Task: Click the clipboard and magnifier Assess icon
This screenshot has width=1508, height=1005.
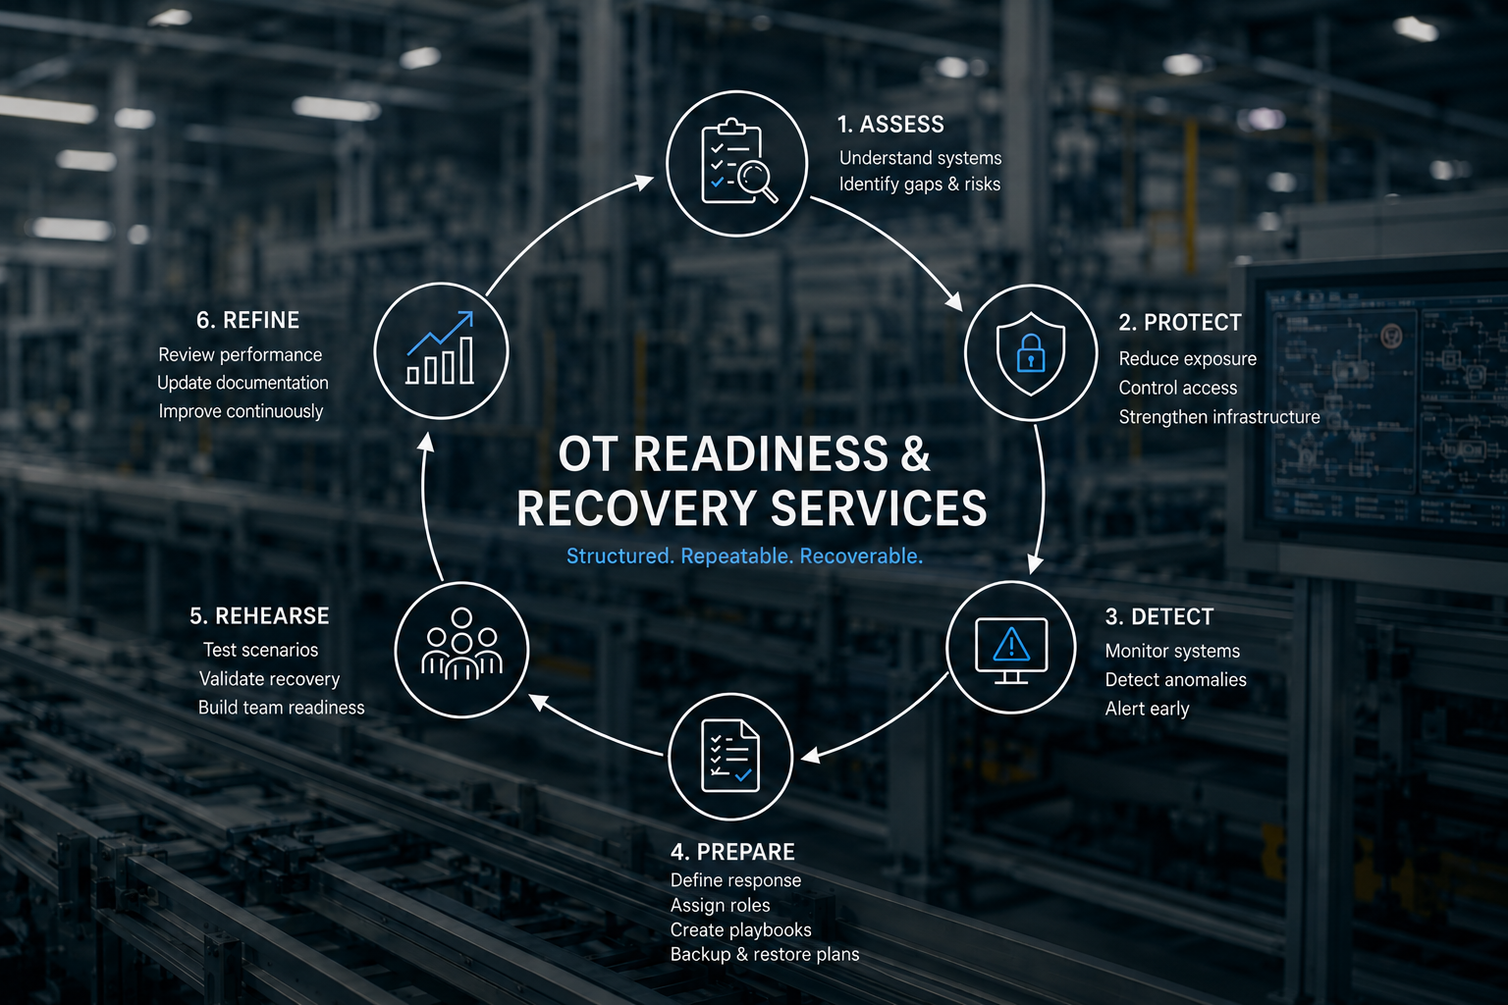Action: coord(738,162)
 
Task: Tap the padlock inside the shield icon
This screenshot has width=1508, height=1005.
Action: coord(1031,352)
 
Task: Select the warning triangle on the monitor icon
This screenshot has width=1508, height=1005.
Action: coord(1011,644)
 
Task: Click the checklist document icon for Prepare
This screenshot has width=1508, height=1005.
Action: coord(730,756)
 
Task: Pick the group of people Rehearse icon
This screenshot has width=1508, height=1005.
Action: coord(461,644)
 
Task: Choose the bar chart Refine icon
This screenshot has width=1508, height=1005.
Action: coord(440,348)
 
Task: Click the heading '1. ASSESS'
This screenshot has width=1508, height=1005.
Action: coord(890,125)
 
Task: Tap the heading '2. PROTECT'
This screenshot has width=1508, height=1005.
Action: coord(1179,323)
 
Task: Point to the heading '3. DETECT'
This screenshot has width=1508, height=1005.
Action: coord(1158,616)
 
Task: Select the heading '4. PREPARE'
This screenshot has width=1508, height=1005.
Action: coord(732,852)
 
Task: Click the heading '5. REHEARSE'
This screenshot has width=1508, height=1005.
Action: coord(259,616)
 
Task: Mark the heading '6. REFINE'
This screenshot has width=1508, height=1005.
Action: coord(247,320)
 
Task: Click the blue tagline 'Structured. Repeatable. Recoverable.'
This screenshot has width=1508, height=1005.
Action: coord(744,556)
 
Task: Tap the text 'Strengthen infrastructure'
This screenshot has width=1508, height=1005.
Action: coord(1219,417)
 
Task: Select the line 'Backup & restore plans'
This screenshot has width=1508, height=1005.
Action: coord(765,954)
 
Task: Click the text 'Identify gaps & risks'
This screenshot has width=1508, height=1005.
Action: coord(920,185)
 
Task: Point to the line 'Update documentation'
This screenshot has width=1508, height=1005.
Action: coord(242,383)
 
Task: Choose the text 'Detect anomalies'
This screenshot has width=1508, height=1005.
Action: coord(1175,680)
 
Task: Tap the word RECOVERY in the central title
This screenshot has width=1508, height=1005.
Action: coord(636,508)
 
